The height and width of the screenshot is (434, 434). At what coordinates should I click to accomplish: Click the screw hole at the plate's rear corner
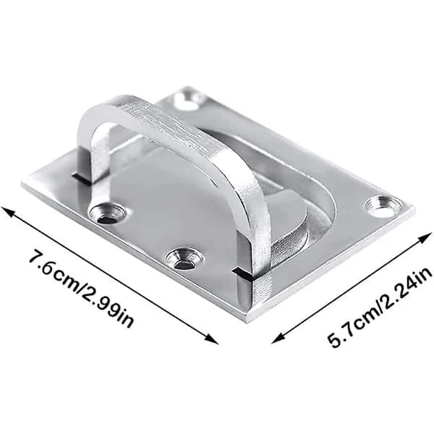190,98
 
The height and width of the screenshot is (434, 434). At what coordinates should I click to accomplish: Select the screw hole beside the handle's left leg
107,213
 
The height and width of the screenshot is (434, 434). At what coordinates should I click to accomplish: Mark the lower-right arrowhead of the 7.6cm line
213,340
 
